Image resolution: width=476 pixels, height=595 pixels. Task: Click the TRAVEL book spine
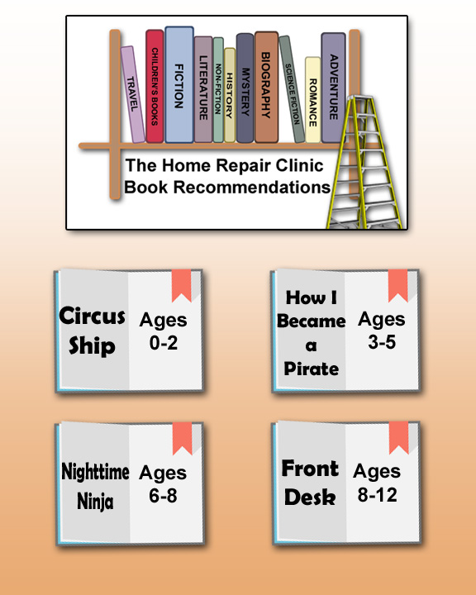coord(133,95)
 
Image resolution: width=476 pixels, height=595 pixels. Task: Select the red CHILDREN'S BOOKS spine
coord(155,86)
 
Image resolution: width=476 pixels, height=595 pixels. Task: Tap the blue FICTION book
coord(179,84)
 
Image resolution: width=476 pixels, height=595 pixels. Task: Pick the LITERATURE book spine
coord(203,89)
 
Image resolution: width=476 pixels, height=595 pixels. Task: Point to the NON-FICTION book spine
coord(218,90)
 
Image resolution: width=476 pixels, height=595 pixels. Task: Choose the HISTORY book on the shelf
coord(230,95)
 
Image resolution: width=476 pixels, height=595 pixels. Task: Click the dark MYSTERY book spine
coord(245,88)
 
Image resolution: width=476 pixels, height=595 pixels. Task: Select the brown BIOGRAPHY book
coord(266,88)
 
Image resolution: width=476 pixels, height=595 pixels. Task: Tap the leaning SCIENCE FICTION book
coord(292,89)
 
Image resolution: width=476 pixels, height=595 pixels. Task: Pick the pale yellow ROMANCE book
coord(312,100)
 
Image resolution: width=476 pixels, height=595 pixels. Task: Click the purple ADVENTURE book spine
coord(333,88)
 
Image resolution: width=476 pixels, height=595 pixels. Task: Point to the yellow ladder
coord(364,163)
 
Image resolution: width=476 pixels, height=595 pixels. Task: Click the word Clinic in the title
coord(299,165)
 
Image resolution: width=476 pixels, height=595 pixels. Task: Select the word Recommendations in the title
coord(252,187)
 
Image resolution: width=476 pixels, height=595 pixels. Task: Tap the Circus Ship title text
coord(92,331)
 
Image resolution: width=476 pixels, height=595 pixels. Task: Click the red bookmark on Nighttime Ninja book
coord(182,438)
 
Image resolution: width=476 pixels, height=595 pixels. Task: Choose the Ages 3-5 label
coord(382,330)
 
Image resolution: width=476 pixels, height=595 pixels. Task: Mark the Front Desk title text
coord(310,483)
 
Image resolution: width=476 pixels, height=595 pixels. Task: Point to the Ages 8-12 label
coord(377,483)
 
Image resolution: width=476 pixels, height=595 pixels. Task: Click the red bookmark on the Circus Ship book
coord(182,285)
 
